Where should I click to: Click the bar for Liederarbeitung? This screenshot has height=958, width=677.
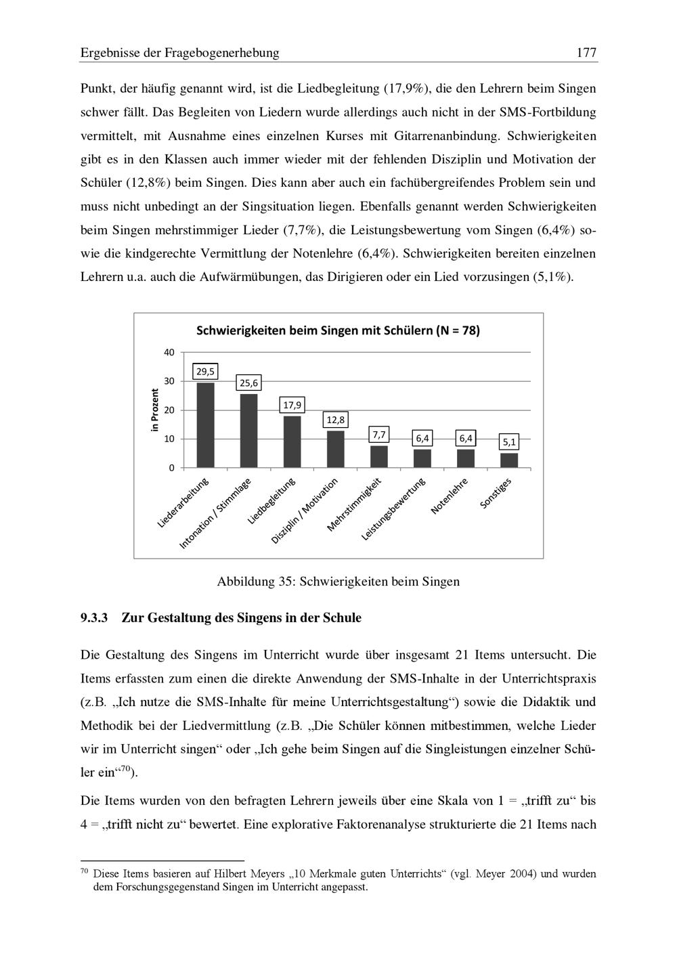coord(205,425)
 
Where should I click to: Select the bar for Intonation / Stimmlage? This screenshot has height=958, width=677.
coord(248,431)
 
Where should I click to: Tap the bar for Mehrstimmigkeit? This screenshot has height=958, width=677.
coord(379,456)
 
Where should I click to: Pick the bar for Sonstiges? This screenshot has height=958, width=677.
coord(509,460)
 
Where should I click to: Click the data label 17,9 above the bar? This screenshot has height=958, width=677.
coord(292,406)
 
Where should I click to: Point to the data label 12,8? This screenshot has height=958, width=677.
coord(335,420)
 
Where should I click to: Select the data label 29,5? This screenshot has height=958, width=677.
coord(205,371)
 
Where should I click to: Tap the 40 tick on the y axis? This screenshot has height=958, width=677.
coord(169,352)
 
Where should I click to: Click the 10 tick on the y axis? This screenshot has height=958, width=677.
coord(169,439)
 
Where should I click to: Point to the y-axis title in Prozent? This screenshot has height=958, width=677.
coord(154,410)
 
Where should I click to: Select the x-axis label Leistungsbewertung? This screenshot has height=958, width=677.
coord(393,509)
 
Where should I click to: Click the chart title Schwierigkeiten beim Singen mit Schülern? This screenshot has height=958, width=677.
coord(338,331)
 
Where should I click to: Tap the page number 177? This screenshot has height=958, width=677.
coord(586,53)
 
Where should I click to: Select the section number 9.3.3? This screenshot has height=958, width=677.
coord(94,618)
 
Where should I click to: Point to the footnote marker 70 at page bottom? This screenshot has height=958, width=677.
coord(85,872)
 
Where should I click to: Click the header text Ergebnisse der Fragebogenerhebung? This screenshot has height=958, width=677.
coord(179,53)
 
